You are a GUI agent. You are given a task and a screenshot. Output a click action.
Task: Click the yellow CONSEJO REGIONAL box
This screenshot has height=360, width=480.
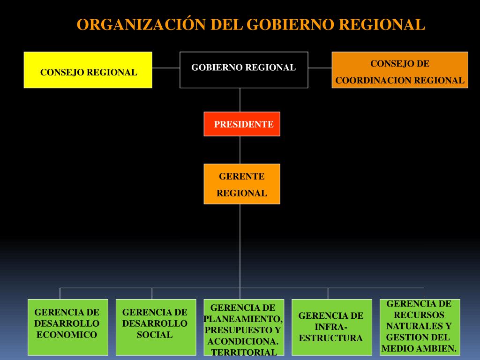point(88,70)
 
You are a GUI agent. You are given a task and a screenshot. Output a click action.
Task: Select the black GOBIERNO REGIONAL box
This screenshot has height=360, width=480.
point(244,70)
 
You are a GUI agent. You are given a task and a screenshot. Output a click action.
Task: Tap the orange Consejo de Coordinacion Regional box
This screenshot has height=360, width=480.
point(400,70)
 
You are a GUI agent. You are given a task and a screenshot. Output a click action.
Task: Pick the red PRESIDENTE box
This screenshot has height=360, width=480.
point(242,124)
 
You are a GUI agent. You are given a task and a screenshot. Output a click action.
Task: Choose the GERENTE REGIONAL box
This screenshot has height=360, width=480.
point(242,184)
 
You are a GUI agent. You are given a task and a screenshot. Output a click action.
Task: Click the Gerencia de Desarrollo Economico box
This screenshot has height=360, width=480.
point(68,327)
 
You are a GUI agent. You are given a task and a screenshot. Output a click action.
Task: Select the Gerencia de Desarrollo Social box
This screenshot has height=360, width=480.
point(156,327)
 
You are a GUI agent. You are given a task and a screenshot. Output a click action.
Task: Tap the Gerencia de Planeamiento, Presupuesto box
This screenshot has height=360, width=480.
point(244,327)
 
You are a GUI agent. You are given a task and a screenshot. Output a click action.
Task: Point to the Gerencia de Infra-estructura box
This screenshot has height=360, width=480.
point(331,327)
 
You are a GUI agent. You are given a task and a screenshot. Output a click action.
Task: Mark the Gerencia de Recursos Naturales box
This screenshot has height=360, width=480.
point(420,327)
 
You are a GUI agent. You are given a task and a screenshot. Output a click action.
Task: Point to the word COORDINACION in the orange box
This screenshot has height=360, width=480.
point(373,81)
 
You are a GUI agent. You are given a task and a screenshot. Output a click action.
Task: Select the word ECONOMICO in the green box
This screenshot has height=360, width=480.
point(67,335)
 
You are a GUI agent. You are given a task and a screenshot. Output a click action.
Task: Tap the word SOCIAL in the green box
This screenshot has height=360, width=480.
point(155,335)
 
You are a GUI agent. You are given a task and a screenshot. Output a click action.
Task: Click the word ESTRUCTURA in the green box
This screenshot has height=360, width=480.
point(331,338)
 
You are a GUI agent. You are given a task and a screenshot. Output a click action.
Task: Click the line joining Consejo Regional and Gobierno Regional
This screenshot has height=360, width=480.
point(166,68)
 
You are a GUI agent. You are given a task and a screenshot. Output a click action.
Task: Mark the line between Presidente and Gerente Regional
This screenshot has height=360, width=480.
point(240,150)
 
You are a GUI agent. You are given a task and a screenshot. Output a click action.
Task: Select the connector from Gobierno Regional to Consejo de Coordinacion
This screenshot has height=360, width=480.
point(320,68)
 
